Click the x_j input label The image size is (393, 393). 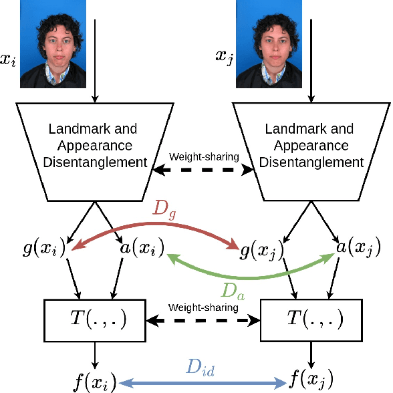225,56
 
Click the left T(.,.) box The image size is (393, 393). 95,318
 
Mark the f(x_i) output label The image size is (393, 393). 94,383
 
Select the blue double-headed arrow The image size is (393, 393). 201,384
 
